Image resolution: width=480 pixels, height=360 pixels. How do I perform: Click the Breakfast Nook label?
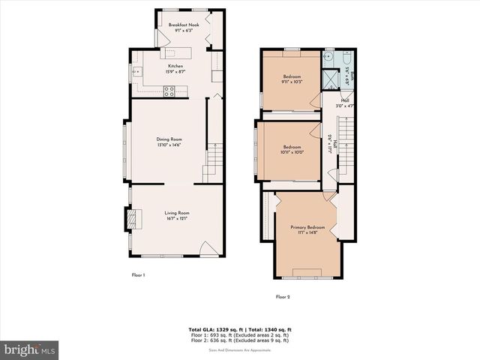(x=184, y=25)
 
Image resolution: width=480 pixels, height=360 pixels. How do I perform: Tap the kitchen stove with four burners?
(x=169, y=91)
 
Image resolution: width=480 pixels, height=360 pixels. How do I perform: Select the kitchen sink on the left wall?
(x=136, y=72)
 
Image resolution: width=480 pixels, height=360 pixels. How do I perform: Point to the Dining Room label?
(x=169, y=139)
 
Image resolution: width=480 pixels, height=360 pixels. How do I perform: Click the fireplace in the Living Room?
(x=133, y=217)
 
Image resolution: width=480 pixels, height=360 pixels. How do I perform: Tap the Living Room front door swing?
(x=209, y=249)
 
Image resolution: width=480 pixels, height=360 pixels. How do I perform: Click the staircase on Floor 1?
(x=214, y=157)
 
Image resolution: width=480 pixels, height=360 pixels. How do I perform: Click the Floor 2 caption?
(x=283, y=297)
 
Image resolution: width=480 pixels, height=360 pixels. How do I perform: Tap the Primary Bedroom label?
(x=308, y=227)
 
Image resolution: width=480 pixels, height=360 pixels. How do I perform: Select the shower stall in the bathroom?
(x=328, y=78)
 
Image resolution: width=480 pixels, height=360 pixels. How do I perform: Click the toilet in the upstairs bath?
(x=348, y=57)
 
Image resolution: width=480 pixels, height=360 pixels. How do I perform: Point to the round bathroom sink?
(x=328, y=56)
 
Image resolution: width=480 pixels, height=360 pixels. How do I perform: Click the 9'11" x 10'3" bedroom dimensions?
(x=292, y=81)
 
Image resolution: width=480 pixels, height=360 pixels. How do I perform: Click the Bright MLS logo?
(x=30, y=349)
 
